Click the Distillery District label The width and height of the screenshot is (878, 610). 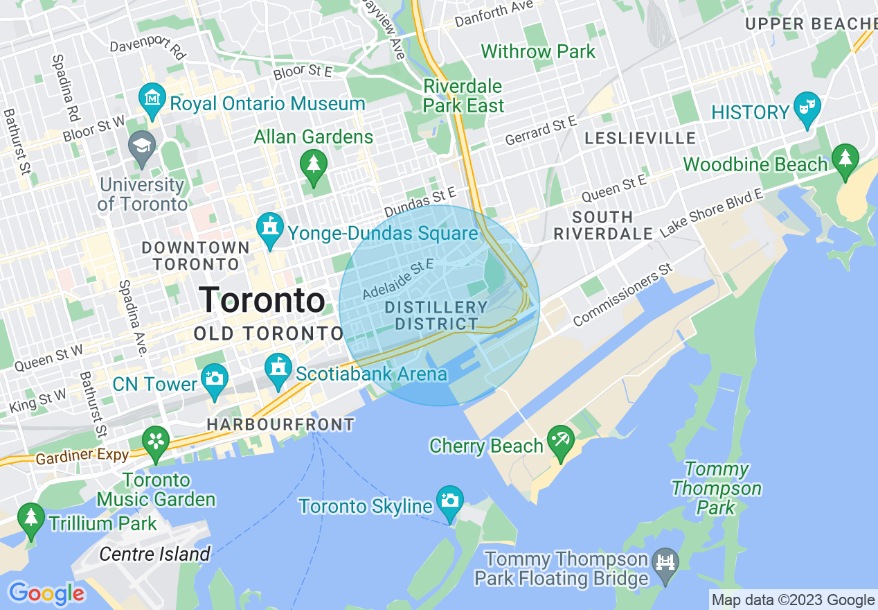tap(436, 315)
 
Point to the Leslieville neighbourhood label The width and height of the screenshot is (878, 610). tap(640, 138)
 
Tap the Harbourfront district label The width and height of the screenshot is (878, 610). tap(280, 424)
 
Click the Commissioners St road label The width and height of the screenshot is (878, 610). tap(622, 295)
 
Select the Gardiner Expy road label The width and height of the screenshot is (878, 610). tap(82, 456)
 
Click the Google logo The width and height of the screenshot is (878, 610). tap(46, 593)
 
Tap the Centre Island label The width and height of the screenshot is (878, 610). tap(154, 554)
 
